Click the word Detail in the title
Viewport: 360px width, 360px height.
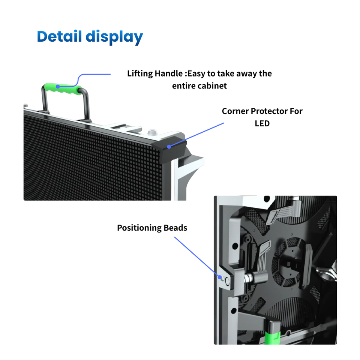click(60, 37)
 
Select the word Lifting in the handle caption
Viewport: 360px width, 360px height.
click(140, 73)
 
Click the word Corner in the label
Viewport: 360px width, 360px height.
click(235, 111)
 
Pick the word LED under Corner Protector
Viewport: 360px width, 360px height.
click(262, 123)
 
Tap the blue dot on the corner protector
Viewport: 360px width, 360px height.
click(169, 147)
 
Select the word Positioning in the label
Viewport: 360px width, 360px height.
click(139, 228)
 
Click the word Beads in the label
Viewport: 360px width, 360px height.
click(175, 228)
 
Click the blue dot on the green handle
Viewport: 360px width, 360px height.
click(58, 87)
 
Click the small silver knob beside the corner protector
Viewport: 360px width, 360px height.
click(152, 132)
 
